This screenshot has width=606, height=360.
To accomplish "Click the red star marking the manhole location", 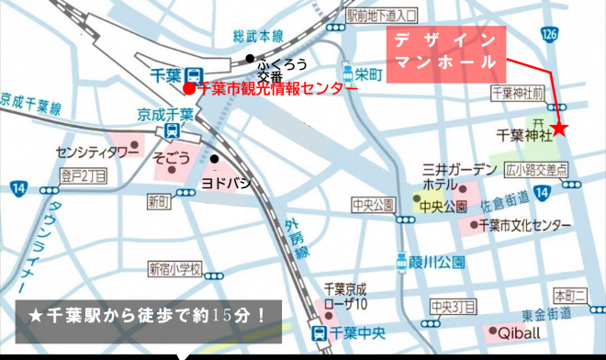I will [x=560, y=128].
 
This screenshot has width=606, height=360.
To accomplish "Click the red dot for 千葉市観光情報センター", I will [x=188, y=89].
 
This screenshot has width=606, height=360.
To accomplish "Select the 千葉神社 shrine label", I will [x=522, y=135].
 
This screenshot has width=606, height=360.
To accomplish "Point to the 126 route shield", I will [x=549, y=34].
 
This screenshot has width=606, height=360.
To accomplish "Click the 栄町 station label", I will [x=368, y=74].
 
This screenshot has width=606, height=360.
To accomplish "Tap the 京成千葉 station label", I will [x=166, y=115].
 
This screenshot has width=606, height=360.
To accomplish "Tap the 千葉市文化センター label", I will [x=521, y=224].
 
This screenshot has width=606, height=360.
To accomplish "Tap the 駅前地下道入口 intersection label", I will [x=382, y=15].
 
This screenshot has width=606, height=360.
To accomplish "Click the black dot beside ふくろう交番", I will [x=248, y=60].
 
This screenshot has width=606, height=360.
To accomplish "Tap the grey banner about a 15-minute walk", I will [x=147, y=316].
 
